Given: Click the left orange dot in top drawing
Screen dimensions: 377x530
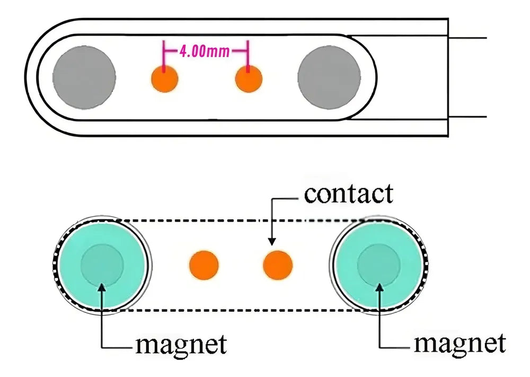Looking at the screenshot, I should [x=165, y=80].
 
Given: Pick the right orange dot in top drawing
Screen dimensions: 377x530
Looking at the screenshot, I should [x=248, y=80].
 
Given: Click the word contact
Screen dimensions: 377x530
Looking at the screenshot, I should [x=349, y=194].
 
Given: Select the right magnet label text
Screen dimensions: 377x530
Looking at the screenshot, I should [x=459, y=343].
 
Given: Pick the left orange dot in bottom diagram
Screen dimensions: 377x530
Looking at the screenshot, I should [x=204, y=265].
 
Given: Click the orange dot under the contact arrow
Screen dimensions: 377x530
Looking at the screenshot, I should [x=278, y=265].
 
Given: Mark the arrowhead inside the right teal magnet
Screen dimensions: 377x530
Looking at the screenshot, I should [x=378, y=287].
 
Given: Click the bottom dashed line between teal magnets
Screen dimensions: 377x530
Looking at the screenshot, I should [x=238, y=310].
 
